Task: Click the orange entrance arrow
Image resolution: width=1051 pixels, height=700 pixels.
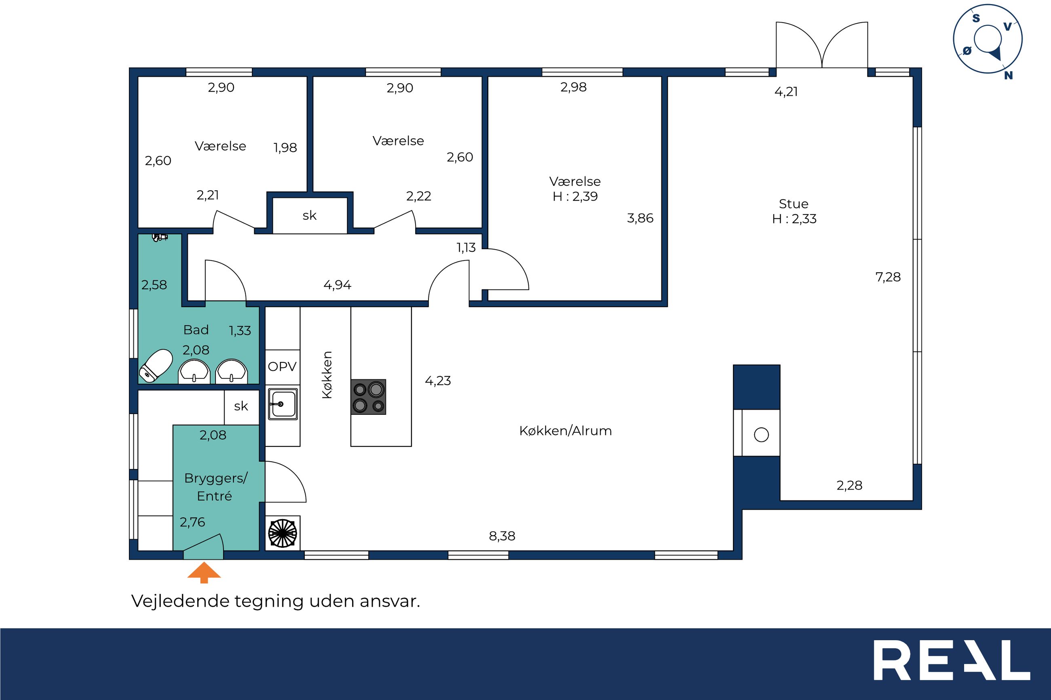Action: pos(204,572)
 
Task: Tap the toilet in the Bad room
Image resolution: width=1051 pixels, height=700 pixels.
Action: pos(156,366)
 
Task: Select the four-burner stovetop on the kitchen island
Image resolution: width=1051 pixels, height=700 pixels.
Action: pos(368,397)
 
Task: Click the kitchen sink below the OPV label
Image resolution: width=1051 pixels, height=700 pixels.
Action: pos(283,404)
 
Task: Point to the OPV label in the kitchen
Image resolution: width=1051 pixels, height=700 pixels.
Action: pos(282,366)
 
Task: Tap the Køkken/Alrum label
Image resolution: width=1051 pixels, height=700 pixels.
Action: pos(565,431)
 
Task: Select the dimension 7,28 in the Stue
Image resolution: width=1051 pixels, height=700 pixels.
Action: pos(888,277)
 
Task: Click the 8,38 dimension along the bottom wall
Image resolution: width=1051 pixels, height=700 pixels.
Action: pos(502,536)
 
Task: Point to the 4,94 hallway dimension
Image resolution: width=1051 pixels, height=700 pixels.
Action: pos(337,285)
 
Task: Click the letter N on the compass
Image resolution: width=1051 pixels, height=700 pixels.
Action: pos(1008,76)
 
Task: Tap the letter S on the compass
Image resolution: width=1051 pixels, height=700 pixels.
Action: pos(976,18)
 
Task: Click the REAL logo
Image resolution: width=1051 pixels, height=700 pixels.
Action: pos(952,660)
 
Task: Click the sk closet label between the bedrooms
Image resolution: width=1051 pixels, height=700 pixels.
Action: pos(310,216)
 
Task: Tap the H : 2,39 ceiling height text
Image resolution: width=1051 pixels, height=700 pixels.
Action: pos(575,196)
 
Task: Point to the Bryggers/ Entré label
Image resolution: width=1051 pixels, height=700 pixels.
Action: pos(216,487)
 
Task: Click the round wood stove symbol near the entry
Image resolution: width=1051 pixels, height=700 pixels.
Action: pos(282,533)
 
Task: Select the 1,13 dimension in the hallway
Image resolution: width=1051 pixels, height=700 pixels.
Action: pos(466,248)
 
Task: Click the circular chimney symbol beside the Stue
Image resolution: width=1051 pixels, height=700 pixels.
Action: pos(761,434)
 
